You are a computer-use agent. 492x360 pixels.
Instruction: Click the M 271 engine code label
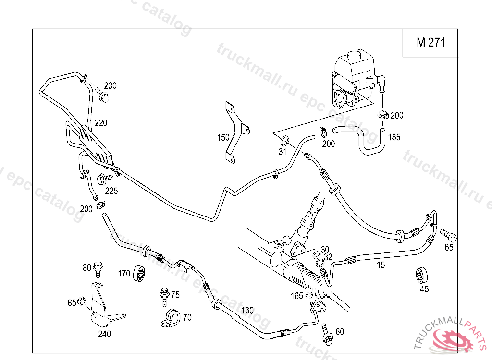[431, 42]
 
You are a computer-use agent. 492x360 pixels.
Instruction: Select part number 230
[110, 86]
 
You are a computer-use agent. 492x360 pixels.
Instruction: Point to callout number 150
[223, 137]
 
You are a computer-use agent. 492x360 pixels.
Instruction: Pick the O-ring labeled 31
[284, 141]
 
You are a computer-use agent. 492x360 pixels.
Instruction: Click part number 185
[394, 137]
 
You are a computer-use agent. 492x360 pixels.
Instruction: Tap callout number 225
[111, 191]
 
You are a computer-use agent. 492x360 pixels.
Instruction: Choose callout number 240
[104, 334]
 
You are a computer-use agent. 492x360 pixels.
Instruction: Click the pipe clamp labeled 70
[170, 318]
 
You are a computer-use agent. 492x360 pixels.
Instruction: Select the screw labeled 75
[164, 296]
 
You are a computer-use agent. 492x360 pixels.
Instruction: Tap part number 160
[247, 310]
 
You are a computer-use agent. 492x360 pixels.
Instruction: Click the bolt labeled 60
[328, 334]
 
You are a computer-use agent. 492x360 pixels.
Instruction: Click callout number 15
[381, 265]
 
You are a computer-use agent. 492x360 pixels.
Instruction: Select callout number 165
[296, 296]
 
